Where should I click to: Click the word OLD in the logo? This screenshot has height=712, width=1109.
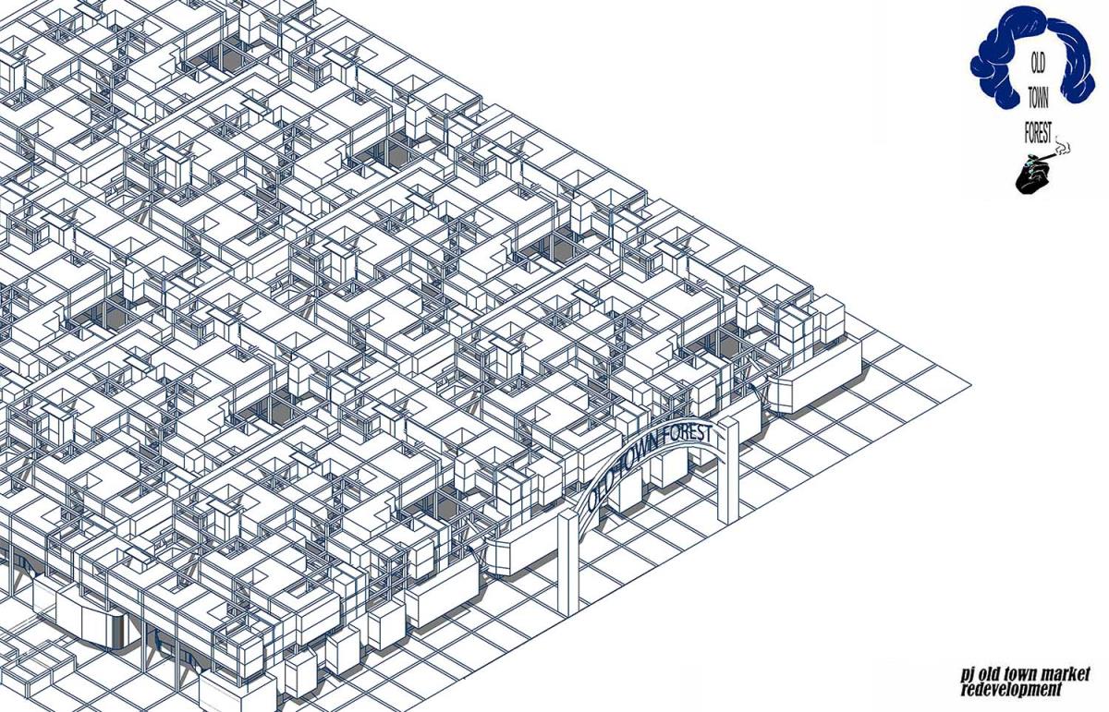pos(1037,65)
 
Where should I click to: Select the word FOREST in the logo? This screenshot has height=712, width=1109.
pos(1038,133)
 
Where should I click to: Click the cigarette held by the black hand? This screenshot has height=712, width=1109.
pos(1048,156)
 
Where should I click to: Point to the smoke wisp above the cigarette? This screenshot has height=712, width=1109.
pos(1063,145)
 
